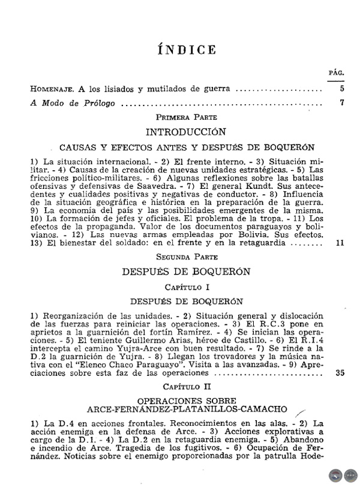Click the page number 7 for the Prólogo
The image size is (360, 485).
[341, 103]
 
